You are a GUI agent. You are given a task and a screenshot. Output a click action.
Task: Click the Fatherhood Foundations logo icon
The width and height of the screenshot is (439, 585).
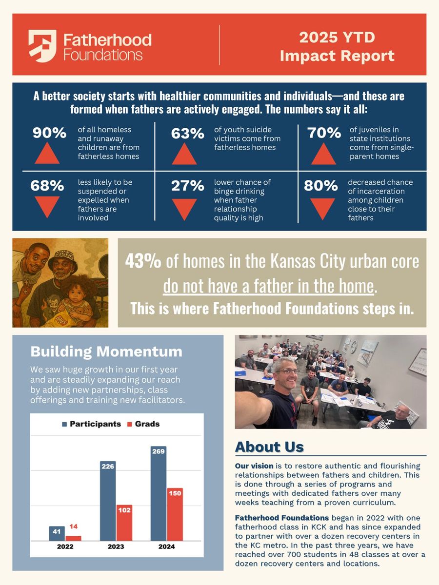click(42, 46)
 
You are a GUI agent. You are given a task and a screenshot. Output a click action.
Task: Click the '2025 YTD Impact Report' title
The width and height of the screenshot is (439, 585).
click(337, 46)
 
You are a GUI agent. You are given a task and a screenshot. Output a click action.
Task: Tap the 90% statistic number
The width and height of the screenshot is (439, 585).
click(49, 133)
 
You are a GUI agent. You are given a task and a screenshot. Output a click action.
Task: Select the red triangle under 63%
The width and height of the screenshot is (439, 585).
click(184, 154)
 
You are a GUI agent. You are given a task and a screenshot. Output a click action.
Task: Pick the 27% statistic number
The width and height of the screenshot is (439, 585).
click(187, 186)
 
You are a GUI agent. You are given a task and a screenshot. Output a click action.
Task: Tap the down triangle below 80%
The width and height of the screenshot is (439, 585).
click(322, 207)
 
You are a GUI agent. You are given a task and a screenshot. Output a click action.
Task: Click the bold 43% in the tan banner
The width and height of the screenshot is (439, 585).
click(143, 262)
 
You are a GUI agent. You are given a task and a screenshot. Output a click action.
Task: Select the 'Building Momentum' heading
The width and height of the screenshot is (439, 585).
click(106, 351)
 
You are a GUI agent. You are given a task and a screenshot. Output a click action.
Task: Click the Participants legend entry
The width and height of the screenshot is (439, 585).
click(91, 424)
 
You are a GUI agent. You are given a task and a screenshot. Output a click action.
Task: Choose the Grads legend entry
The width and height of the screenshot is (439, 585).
click(143, 424)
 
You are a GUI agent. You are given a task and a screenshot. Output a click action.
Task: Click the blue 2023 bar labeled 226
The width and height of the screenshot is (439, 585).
click(108, 500)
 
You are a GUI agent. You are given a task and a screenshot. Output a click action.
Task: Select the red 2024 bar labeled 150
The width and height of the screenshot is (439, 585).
click(175, 514)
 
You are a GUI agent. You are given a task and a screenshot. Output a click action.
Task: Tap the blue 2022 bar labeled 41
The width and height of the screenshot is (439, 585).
click(57, 533)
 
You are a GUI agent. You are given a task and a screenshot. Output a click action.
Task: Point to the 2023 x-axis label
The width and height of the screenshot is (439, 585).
click(116, 546)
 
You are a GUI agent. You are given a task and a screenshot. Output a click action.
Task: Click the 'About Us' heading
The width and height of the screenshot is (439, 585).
click(269, 447)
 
